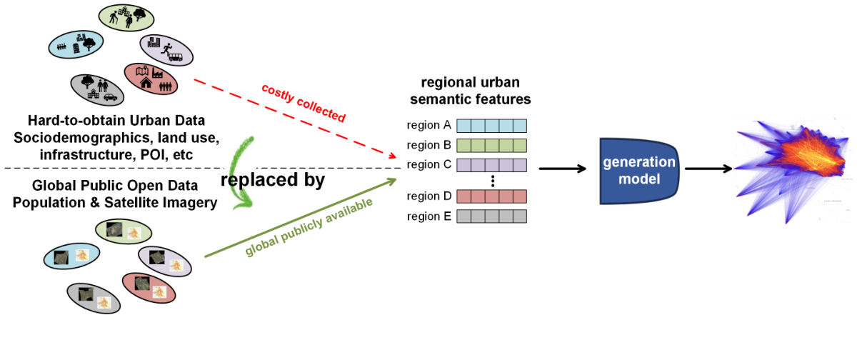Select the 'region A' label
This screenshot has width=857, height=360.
tap(428, 126)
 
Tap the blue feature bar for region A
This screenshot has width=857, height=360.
tap(491, 126)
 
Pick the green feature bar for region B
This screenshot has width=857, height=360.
tap(491, 145)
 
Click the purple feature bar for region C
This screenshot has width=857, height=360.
tap(491, 164)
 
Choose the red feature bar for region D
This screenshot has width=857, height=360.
tap(491, 196)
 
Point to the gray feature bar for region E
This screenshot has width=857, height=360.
tap(491, 216)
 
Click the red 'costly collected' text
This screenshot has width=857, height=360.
tap(304, 103)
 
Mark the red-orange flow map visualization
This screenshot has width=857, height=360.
tap(786, 168)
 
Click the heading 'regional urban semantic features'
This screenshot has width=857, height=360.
tap(476, 91)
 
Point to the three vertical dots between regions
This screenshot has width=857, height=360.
tap(492, 181)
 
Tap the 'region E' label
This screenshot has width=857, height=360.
tap(428, 216)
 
